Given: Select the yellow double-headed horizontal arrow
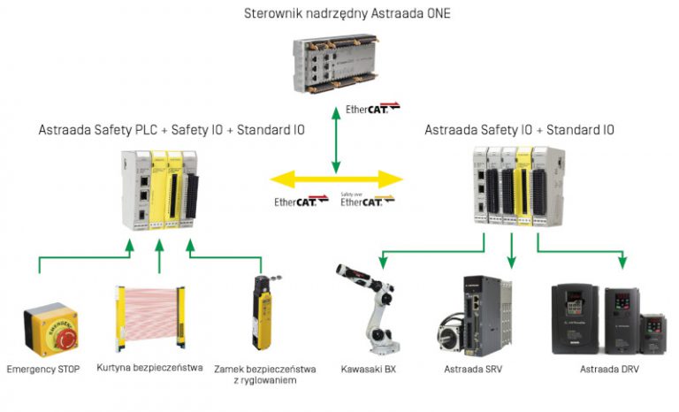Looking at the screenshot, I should pos(336,179).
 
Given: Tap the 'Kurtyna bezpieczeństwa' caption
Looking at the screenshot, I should pos(149,368).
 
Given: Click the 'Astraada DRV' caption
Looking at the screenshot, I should pos(609,369).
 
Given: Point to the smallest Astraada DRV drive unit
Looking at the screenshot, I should pos(653,334).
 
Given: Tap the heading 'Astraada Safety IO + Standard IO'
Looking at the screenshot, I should pos(519,130).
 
